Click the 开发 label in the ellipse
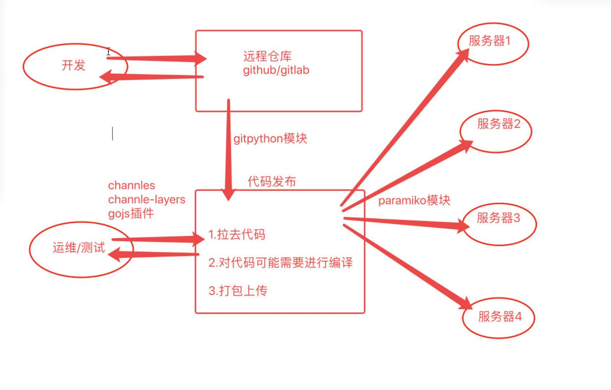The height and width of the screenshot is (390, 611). [x=73, y=65]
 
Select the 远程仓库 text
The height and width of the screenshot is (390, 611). [x=267, y=56]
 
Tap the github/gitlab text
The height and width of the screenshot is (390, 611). [x=276, y=70]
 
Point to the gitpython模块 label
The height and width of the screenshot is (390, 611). [x=270, y=139]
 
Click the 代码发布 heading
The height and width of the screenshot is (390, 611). [x=272, y=181]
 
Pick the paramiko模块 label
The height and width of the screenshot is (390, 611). [x=414, y=200]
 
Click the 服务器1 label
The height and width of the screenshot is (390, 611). [x=490, y=41]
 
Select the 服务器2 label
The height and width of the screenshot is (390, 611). [x=499, y=124]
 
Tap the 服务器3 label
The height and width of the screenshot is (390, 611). [x=498, y=218]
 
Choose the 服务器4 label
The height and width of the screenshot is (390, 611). [x=500, y=317]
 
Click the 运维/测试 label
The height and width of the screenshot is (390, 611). [x=79, y=248]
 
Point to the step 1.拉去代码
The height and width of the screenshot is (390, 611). [x=237, y=235]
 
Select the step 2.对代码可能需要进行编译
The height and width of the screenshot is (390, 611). [x=280, y=263]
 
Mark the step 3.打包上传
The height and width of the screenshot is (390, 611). [x=238, y=291]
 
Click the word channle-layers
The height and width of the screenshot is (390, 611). [x=147, y=199]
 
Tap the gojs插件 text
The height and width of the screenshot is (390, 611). [x=131, y=213]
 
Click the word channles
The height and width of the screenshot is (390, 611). [x=132, y=186]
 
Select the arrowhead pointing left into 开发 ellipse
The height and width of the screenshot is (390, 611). [x=107, y=77]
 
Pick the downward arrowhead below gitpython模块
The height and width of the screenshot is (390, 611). [x=228, y=195]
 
